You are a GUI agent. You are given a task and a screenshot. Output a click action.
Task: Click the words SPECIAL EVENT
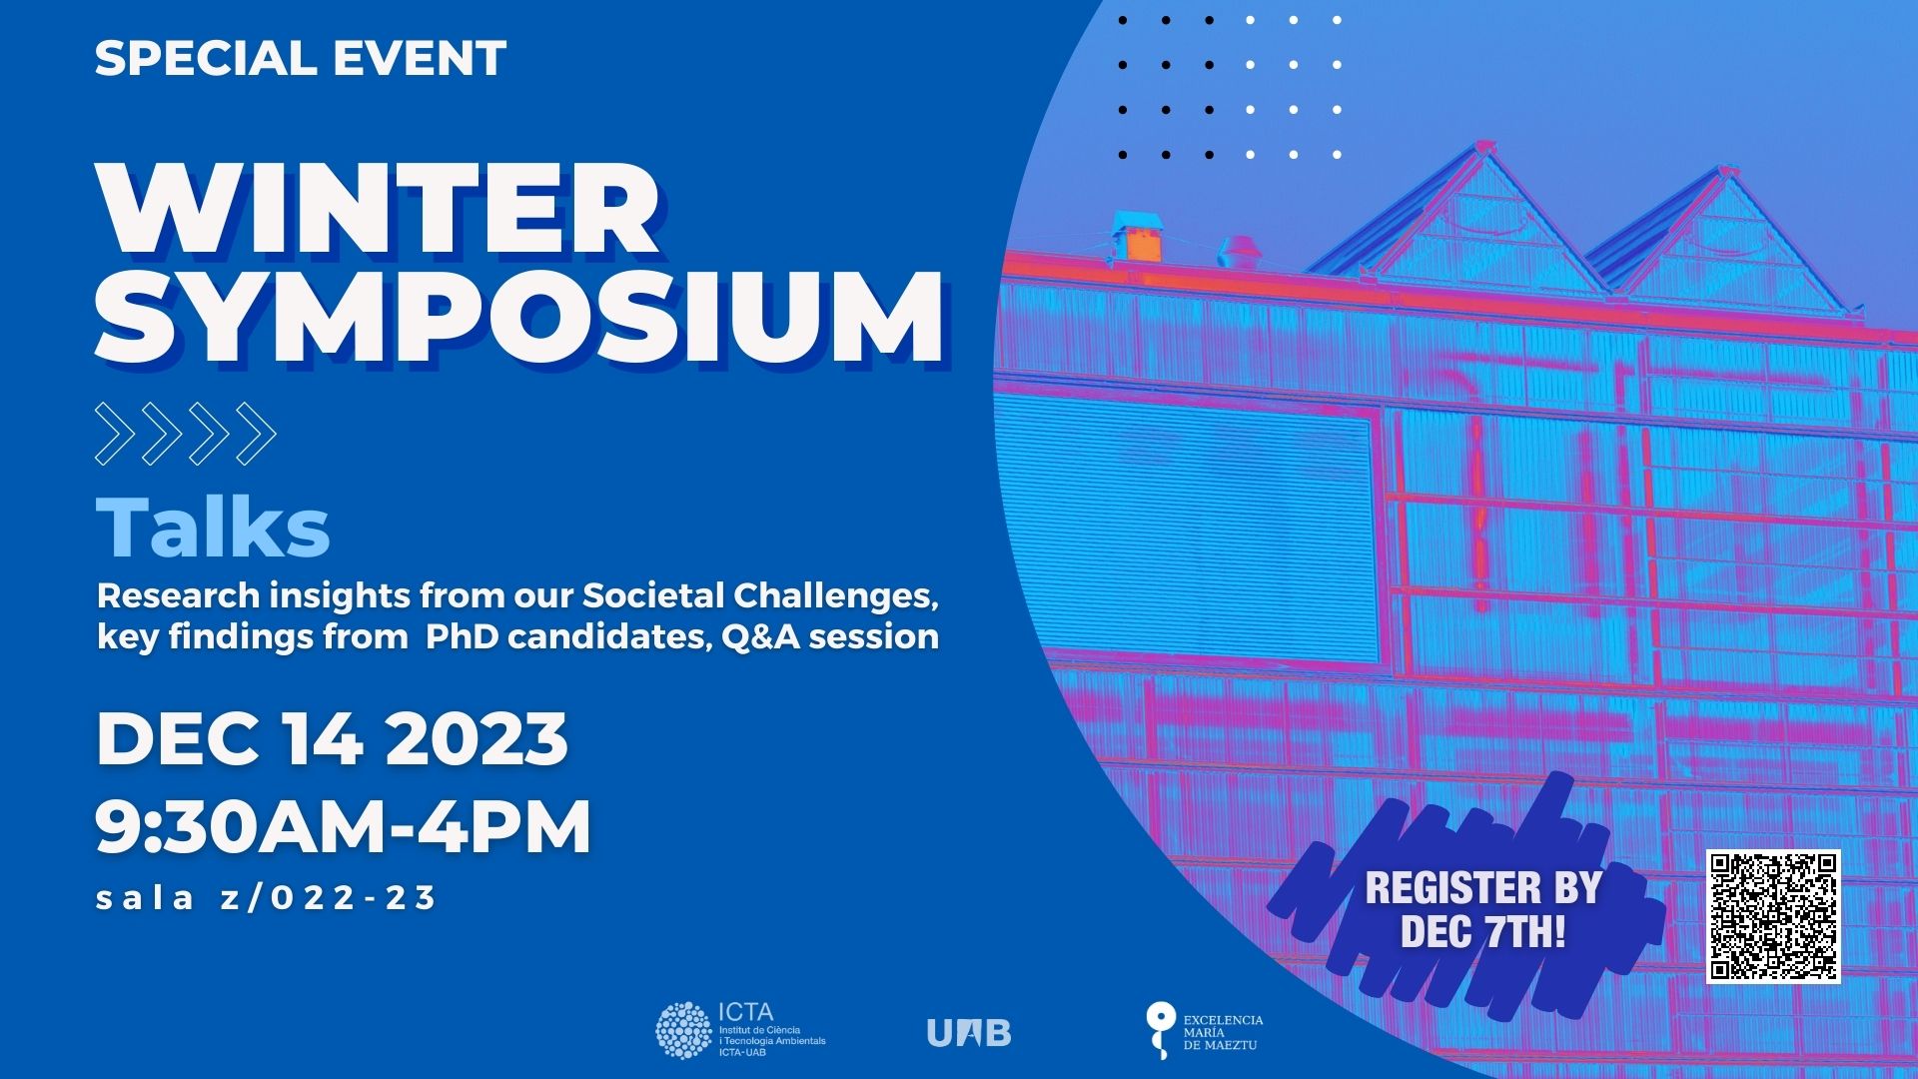tap(301, 58)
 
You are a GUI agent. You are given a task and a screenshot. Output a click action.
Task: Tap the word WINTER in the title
tap(378, 210)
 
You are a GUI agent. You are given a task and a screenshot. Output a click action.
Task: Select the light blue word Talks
tap(213, 528)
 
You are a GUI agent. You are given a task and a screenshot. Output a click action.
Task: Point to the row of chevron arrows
tap(186, 434)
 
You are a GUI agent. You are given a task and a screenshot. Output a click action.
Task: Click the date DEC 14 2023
tap(333, 738)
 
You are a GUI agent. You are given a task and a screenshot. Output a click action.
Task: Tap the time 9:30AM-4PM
tap(344, 826)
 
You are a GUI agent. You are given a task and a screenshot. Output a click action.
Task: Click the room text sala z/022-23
tap(267, 897)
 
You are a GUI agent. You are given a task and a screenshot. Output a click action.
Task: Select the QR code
tap(1773, 916)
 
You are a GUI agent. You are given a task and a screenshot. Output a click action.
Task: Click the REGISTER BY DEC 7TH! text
tap(1483, 909)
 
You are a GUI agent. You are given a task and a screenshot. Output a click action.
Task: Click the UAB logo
tap(969, 1032)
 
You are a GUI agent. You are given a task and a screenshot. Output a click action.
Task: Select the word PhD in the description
tap(462, 636)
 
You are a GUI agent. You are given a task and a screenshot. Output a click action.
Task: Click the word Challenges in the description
tap(836, 595)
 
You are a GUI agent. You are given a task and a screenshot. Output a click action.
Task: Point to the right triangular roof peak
tap(1723, 235)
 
